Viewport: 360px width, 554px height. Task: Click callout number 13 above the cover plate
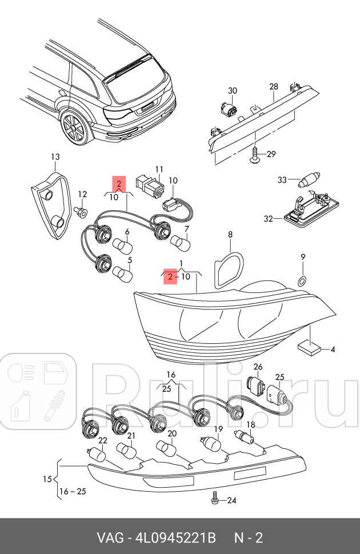[x=55, y=156]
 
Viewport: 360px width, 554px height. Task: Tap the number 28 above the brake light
[x=274, y=86]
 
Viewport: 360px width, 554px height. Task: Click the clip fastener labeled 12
[x=81, y=211]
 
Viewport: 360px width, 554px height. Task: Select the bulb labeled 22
[x=96, y=455]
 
